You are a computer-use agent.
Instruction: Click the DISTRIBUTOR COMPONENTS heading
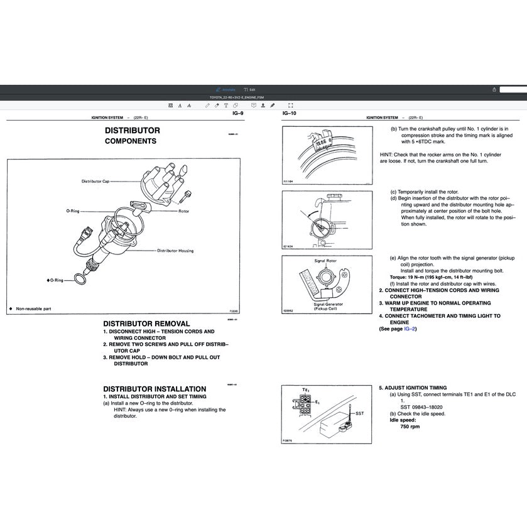[132, 136]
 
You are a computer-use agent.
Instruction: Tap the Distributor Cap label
[95, 181]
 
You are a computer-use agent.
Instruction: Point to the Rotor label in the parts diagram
[183, 212]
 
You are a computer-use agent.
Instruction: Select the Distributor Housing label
[175, 251]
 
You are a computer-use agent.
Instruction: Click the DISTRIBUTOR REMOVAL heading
[146, 323]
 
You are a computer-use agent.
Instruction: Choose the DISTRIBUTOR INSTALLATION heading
[155, 389]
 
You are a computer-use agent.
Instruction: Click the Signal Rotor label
[325, 260]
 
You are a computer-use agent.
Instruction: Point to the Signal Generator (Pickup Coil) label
[326, 306]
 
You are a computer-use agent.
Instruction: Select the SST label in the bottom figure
[359, 413]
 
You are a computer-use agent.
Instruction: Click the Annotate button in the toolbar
[225, 90]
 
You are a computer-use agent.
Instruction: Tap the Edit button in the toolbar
[250, 90]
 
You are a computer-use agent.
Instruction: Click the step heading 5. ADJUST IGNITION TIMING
[413, 388]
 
